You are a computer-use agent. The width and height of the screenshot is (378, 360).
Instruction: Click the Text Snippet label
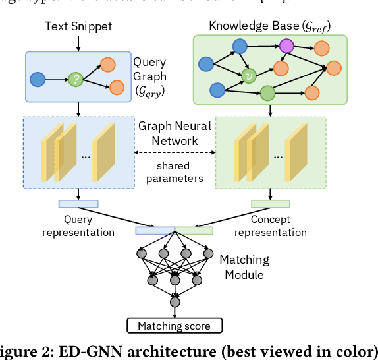pos(78,26)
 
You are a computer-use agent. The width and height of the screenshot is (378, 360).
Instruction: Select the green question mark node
pos(77,80)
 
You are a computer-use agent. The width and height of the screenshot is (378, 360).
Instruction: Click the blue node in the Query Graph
pos(38,80)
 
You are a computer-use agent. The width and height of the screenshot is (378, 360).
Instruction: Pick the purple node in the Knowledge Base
pos(286,46)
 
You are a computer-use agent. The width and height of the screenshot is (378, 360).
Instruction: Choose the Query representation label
pos(78,225)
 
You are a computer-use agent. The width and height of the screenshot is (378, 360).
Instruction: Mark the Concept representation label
pos(270,225)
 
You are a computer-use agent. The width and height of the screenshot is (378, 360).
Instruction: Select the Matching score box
pos(175,326)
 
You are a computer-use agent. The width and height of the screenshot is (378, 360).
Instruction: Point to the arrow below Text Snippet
pos(78,42)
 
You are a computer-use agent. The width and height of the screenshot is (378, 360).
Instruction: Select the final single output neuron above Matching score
pos(175,303)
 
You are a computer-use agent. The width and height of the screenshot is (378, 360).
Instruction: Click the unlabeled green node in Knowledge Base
pos(267,93)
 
